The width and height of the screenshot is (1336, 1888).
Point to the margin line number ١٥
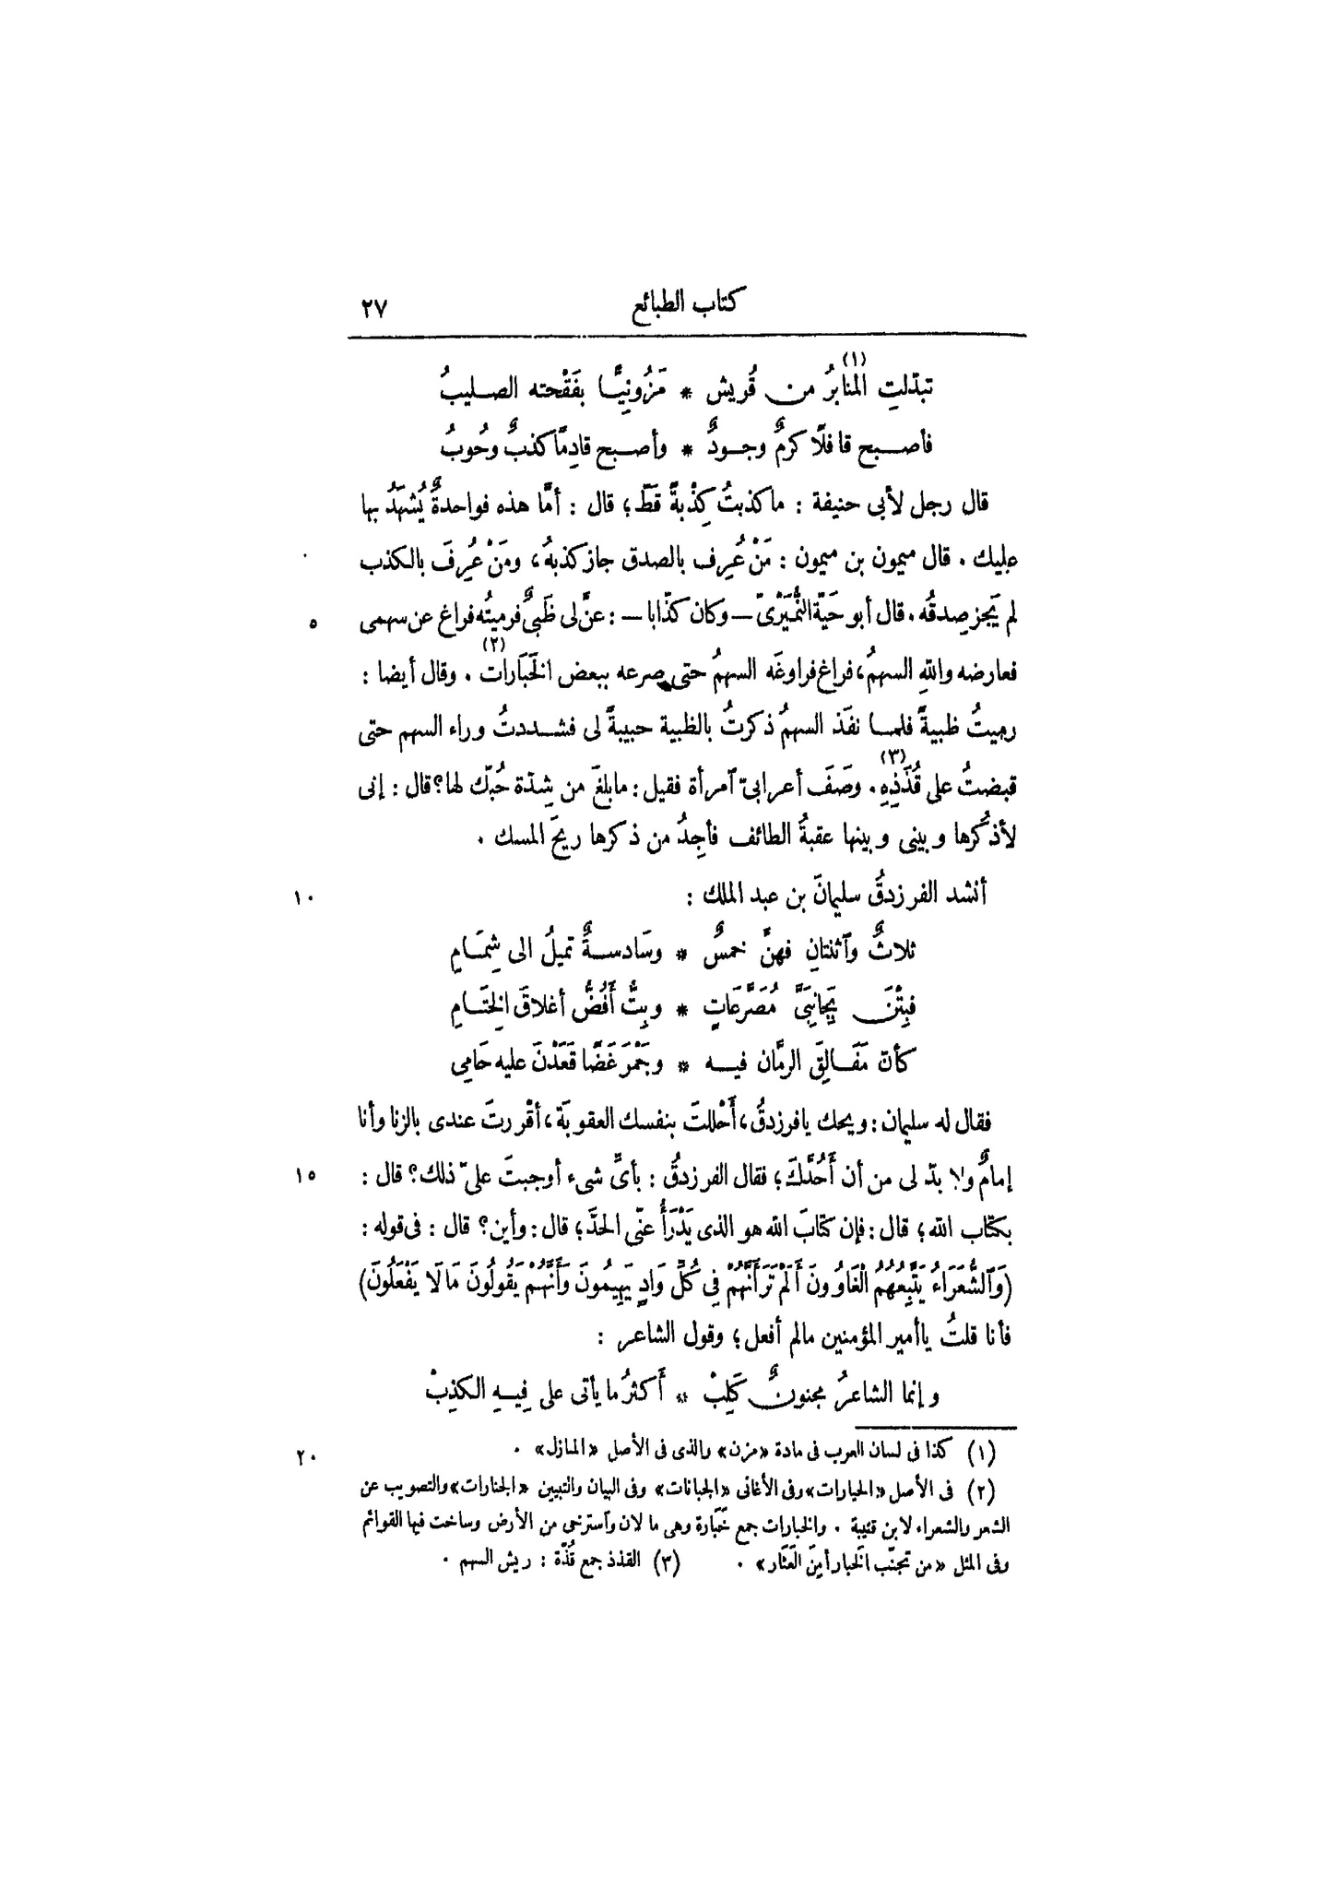[x=305, y=1175]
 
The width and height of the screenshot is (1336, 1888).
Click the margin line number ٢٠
[x=305, y=1458]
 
